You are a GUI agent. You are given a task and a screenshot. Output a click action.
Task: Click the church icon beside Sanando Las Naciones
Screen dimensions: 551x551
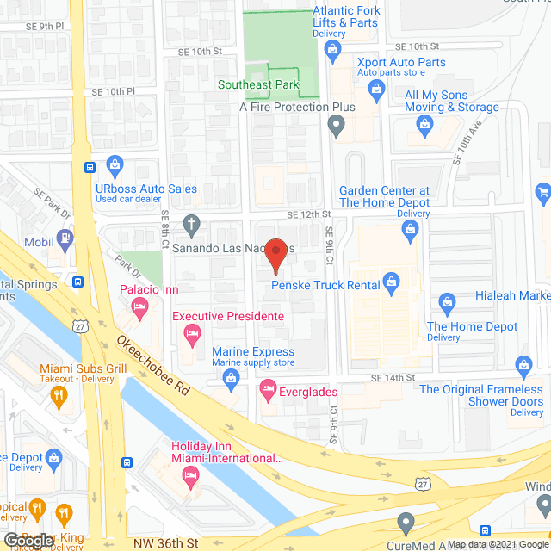pos(191,226)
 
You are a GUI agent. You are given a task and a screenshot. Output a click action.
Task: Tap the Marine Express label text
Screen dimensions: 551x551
pos(253,351)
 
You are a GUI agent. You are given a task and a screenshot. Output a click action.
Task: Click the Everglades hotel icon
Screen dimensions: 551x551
pos(268,387)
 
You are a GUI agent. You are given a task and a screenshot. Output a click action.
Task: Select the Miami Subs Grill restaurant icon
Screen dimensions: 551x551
pos(59,397)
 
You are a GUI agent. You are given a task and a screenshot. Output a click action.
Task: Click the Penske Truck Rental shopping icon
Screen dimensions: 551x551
pos(392,280)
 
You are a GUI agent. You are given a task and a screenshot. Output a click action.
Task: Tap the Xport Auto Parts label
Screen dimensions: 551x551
pos(401,62)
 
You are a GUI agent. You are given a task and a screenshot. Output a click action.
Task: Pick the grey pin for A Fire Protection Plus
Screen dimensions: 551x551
pos(336,127)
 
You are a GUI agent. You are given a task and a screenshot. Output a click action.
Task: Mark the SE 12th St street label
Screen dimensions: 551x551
pos(309,214)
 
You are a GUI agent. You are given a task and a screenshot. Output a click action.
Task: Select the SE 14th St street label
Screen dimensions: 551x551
pos(393,378)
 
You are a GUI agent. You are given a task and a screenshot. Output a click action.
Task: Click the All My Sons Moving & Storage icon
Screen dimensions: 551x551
pos(424,127)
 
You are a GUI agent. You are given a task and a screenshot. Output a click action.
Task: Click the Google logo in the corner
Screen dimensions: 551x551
pos(28,539)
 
